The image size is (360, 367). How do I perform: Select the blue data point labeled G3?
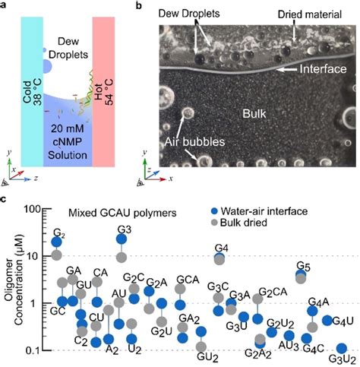click(121, 239)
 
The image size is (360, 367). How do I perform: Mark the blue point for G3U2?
click(341, 349)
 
